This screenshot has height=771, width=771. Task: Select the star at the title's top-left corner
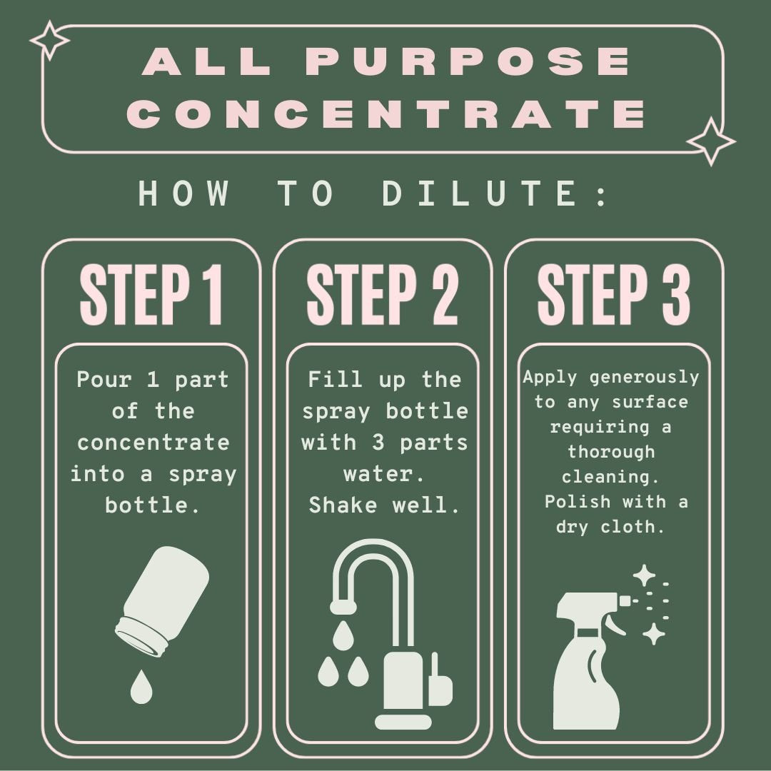pos(50,40)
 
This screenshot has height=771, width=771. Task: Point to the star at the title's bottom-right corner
pos(711,141)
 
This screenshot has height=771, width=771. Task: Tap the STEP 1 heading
pos(151,294)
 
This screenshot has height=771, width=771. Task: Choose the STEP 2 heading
pos(383,294)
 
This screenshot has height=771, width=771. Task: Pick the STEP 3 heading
pos(614,294)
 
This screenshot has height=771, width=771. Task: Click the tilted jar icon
pos(162,601)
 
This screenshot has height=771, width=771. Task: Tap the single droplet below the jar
pos(141,687)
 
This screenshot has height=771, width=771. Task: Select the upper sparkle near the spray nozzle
pos(644,575)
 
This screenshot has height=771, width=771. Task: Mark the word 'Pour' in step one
pos(104,380)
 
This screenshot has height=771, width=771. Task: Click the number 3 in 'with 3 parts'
pos(378,443)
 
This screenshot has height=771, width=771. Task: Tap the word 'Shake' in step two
pos(343,505)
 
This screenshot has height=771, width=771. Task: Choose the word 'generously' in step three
pos(644,378)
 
